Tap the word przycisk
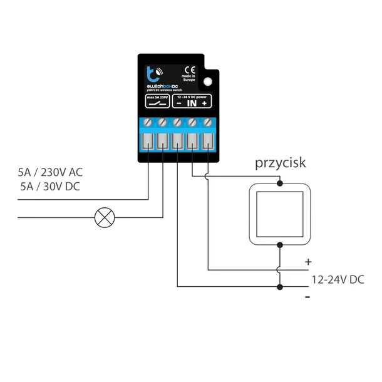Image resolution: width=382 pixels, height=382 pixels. click(x=280, y=163)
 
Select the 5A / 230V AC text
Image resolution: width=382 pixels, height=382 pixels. click(x=49, y=172)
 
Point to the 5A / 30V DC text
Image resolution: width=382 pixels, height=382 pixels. click(x=49, y=187)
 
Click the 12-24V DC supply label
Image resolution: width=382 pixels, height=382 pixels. click(x=338, y=279)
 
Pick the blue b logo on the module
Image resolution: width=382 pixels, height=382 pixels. click(x=150, y=71)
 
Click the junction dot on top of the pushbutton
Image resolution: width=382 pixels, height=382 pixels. click(x=279, y=183)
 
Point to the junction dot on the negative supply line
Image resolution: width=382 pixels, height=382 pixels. click(x=279, y=287)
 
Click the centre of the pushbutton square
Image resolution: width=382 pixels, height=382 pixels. click(x=279, y=214)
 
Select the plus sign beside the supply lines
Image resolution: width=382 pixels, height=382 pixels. click(x=307, y=262)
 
